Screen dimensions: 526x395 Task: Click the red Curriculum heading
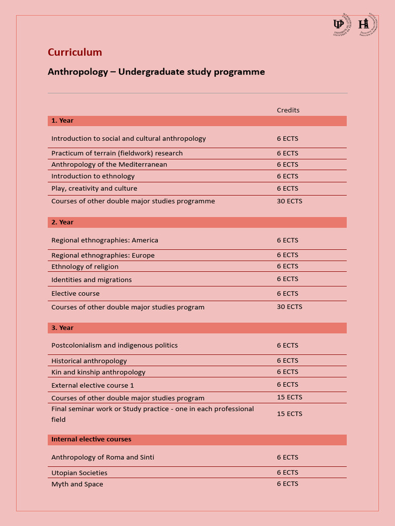click(x=75, y=52)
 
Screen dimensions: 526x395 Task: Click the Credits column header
click(x=288, y=110)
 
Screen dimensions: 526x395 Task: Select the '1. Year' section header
click(x=62, y=121)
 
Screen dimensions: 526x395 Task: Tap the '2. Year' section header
click(x=62, y=222)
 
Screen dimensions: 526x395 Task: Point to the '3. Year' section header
click(x=62, y=328)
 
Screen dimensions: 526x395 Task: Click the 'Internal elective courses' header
click(x=91, y=440)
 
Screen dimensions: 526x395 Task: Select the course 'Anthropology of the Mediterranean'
click(x=109, y=165)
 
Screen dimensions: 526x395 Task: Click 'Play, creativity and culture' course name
click(x=94, y=189)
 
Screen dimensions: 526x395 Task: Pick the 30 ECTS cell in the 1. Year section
click(x=290, y=201)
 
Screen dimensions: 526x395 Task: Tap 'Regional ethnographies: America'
click(x=105, y=240)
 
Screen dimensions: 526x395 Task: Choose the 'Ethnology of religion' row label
click(x=85, y=267)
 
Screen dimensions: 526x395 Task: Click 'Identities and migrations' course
click(x=92, y=280)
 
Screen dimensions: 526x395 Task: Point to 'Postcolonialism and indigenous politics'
click(x=115, y=346)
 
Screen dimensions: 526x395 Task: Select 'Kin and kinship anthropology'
click(x=98, y=372)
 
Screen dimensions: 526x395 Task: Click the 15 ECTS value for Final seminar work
click(x=290, y=414)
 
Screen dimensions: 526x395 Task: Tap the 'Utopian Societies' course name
click(x=79, y=473)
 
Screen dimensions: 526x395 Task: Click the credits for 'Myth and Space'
click(x=288, y=484)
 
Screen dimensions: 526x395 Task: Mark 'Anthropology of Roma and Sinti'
click(x=103, y=458)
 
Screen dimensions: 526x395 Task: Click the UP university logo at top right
click(x=339, y=25)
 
